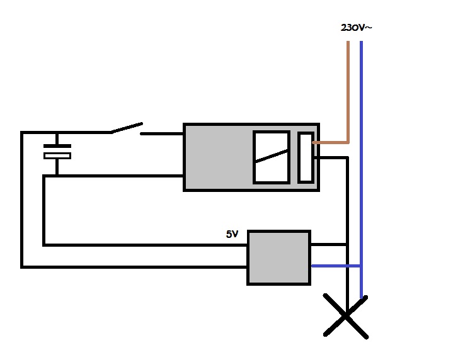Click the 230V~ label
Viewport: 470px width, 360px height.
click(x=355, y=28)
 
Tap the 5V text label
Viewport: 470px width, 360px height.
click(x=232, y=234)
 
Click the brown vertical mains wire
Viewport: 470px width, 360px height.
click(x=347, y=88)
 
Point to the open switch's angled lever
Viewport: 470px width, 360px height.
click(x=127, y=128)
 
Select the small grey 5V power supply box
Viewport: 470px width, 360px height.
click(x=278, y=257)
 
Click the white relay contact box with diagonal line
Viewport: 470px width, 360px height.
click(x=271, y=157)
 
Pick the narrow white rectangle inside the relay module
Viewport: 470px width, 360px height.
click(x=306, y=157)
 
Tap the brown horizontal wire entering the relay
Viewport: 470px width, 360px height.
click(x=331, y=143)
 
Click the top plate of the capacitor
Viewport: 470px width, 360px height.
click(x=57, y=147)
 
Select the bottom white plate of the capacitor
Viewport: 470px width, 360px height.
click(x=57, y=155)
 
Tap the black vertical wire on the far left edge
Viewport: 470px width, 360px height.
click(x=22, y=201)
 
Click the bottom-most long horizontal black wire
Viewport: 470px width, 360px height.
click(x=132, y=267)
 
